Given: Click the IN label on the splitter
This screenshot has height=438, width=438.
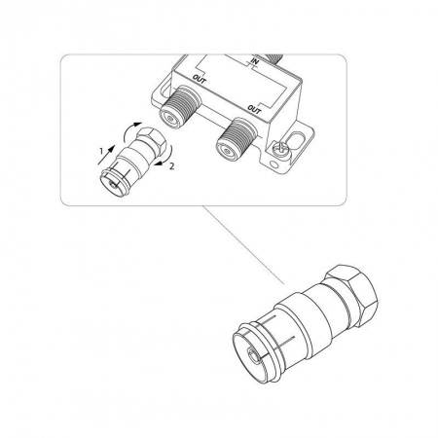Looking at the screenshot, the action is coord(254,61).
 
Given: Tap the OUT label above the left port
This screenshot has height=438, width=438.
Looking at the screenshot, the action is coord(199,79).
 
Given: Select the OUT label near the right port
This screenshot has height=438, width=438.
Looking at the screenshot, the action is coord(254,110).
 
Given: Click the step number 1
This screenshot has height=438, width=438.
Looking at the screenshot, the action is coord(101,151).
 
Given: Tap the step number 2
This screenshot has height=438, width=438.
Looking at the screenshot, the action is coord(172,166).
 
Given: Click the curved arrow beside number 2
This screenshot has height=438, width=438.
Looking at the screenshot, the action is coord(166,157).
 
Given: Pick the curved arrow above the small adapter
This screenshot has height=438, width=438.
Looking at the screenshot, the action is coord(128,130).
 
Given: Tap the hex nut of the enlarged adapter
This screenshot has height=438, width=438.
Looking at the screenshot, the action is coord(353,291).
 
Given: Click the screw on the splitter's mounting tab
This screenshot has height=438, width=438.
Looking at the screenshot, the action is coord(279,150).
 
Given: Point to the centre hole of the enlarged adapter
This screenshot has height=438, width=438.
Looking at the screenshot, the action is coord(253,353).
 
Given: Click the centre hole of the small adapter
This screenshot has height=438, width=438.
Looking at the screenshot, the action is coord(112,184).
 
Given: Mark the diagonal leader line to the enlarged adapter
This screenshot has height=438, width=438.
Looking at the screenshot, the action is coord(242,245).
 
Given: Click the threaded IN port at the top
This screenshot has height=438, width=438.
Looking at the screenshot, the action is coord(274,58).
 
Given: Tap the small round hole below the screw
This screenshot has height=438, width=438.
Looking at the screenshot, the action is coord(274,164).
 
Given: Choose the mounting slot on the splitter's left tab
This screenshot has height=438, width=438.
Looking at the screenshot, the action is coord(164,88).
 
